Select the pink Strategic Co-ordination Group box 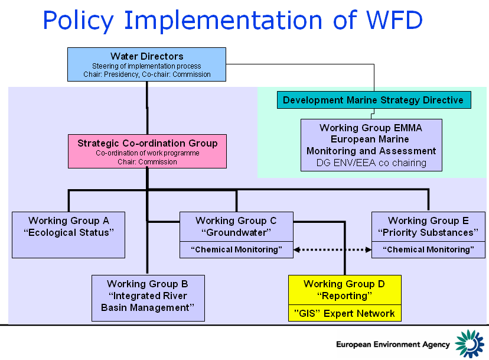pos(147,151)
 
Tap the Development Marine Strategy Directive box pos(373,100)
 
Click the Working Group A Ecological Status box pos(69,235)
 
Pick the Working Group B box pos(148,298)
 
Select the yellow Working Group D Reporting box pos(344,290)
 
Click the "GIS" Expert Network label pos(344,313)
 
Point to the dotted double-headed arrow pos(332,250)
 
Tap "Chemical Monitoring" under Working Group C pos(236,250)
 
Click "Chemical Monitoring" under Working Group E pos(428,250)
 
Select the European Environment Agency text pos(393,345)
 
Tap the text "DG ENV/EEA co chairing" pos(371,163)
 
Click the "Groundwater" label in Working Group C pos(236,232)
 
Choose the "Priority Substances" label pos(428,232)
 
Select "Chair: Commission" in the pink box pos(147,161)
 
